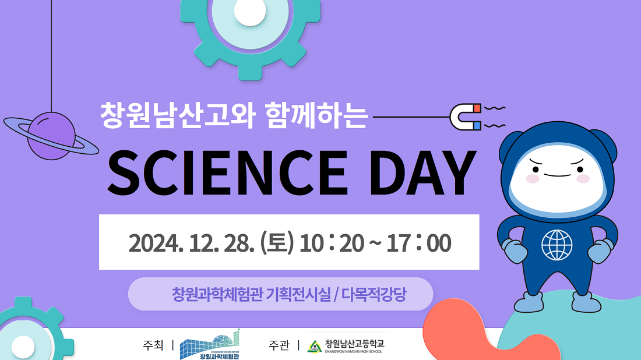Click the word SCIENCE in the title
(x=228, y=172)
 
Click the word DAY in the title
(x=422, y=172)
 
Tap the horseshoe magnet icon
(x=466, y=117)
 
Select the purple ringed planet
(x=51, y=136)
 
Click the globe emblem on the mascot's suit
(x=557, y=245)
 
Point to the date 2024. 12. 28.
(x=192, y=243)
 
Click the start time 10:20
(x=332, y=243)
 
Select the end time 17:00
(x=419, y=243)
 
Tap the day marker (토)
(x=277, y=243)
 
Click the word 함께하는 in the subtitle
(x=316, y=116)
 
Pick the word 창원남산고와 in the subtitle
(x=177, y=116)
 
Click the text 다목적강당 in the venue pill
(x=374, y=294)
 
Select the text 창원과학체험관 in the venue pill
(x=217, y=294)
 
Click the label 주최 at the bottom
(x=153, y=345)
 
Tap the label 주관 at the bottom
(x=279, y=345)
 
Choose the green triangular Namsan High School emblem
(x=314, y=347)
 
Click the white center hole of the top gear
(x=250, y=11)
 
